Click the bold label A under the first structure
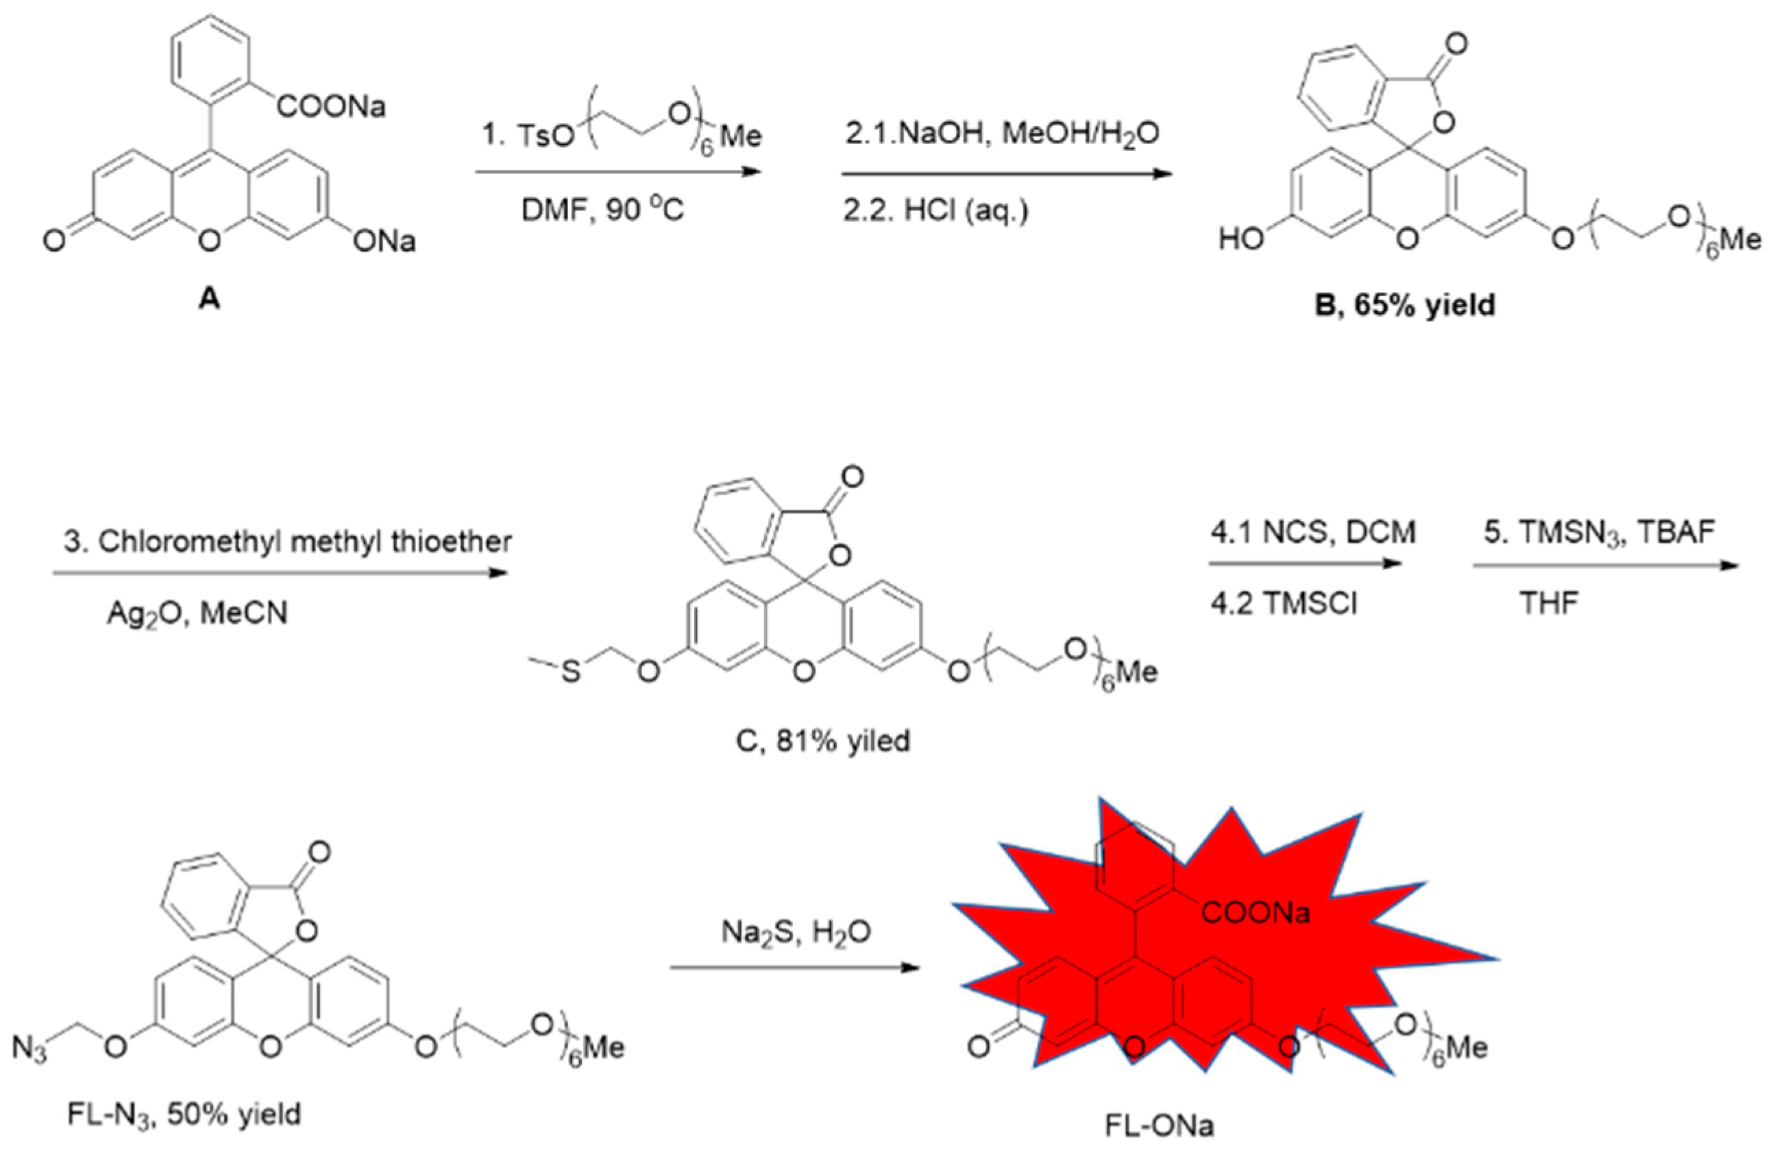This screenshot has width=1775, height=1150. pyautogui.click(x=210, y=299)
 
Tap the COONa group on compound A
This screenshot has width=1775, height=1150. pyautogui.click(x=331, y=108)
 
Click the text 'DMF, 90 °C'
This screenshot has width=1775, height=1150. pyautogui.click(x=602, y=210)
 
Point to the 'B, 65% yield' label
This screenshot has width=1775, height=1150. pyautogui.click(x=1405, y=305)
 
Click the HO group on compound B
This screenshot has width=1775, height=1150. pyautogui.click(x=1241, y=240)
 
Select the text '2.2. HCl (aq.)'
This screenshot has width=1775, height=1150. pyautogui.click(x=936, y=210)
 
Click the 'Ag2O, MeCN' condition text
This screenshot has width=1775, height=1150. pyautogui.click(x=197, y=613)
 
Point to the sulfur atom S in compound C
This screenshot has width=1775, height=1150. pyautogui.click(x=570, y=672)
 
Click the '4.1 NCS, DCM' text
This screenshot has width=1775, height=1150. pyautogui.click(x=1312, y=533)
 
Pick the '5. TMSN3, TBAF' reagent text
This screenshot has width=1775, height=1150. pyautogui.click(x=1599, y=533)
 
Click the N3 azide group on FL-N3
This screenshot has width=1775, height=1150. pyautogui.click(x=30, y=1049)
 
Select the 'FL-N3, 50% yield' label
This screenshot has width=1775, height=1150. pyautogui.click(x=184, y=1115)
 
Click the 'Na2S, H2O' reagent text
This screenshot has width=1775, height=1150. pyautogui.click(x=796, y=932)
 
